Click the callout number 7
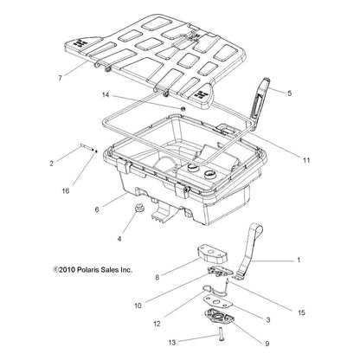pos(60,78)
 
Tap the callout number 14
pos(106,94)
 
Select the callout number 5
pos(290,93)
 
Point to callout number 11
pos(306,160)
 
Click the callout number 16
pos(66,190)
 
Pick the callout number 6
pos(97,209)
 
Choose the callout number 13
pos(172,343)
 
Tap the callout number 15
pos(301,312)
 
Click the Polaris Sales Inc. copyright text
pos(93,270)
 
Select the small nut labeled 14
pos(183,109)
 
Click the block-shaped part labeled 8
pos(212,255)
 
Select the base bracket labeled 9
pos(219,318)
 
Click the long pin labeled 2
pos(87,147)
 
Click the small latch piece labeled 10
pos(219,272)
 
